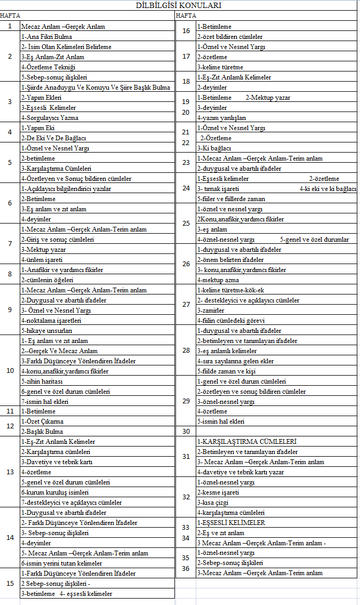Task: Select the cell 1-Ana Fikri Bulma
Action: pos(47,37)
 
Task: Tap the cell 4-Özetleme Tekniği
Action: pos(49,67)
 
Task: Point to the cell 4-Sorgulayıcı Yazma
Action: pos(50,118)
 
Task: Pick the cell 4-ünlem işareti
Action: pos(42,260)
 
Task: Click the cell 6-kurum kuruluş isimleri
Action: pos(55,492)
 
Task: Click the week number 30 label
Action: pos(186,432)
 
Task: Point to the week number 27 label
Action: pos(186,305)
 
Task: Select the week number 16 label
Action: pos(186,31)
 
